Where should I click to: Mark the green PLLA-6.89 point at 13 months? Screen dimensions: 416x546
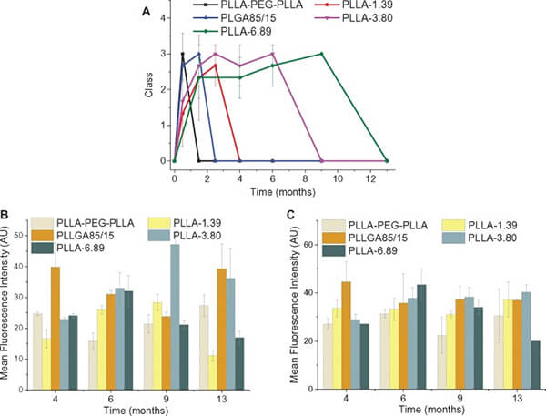click(x=388, y=160)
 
